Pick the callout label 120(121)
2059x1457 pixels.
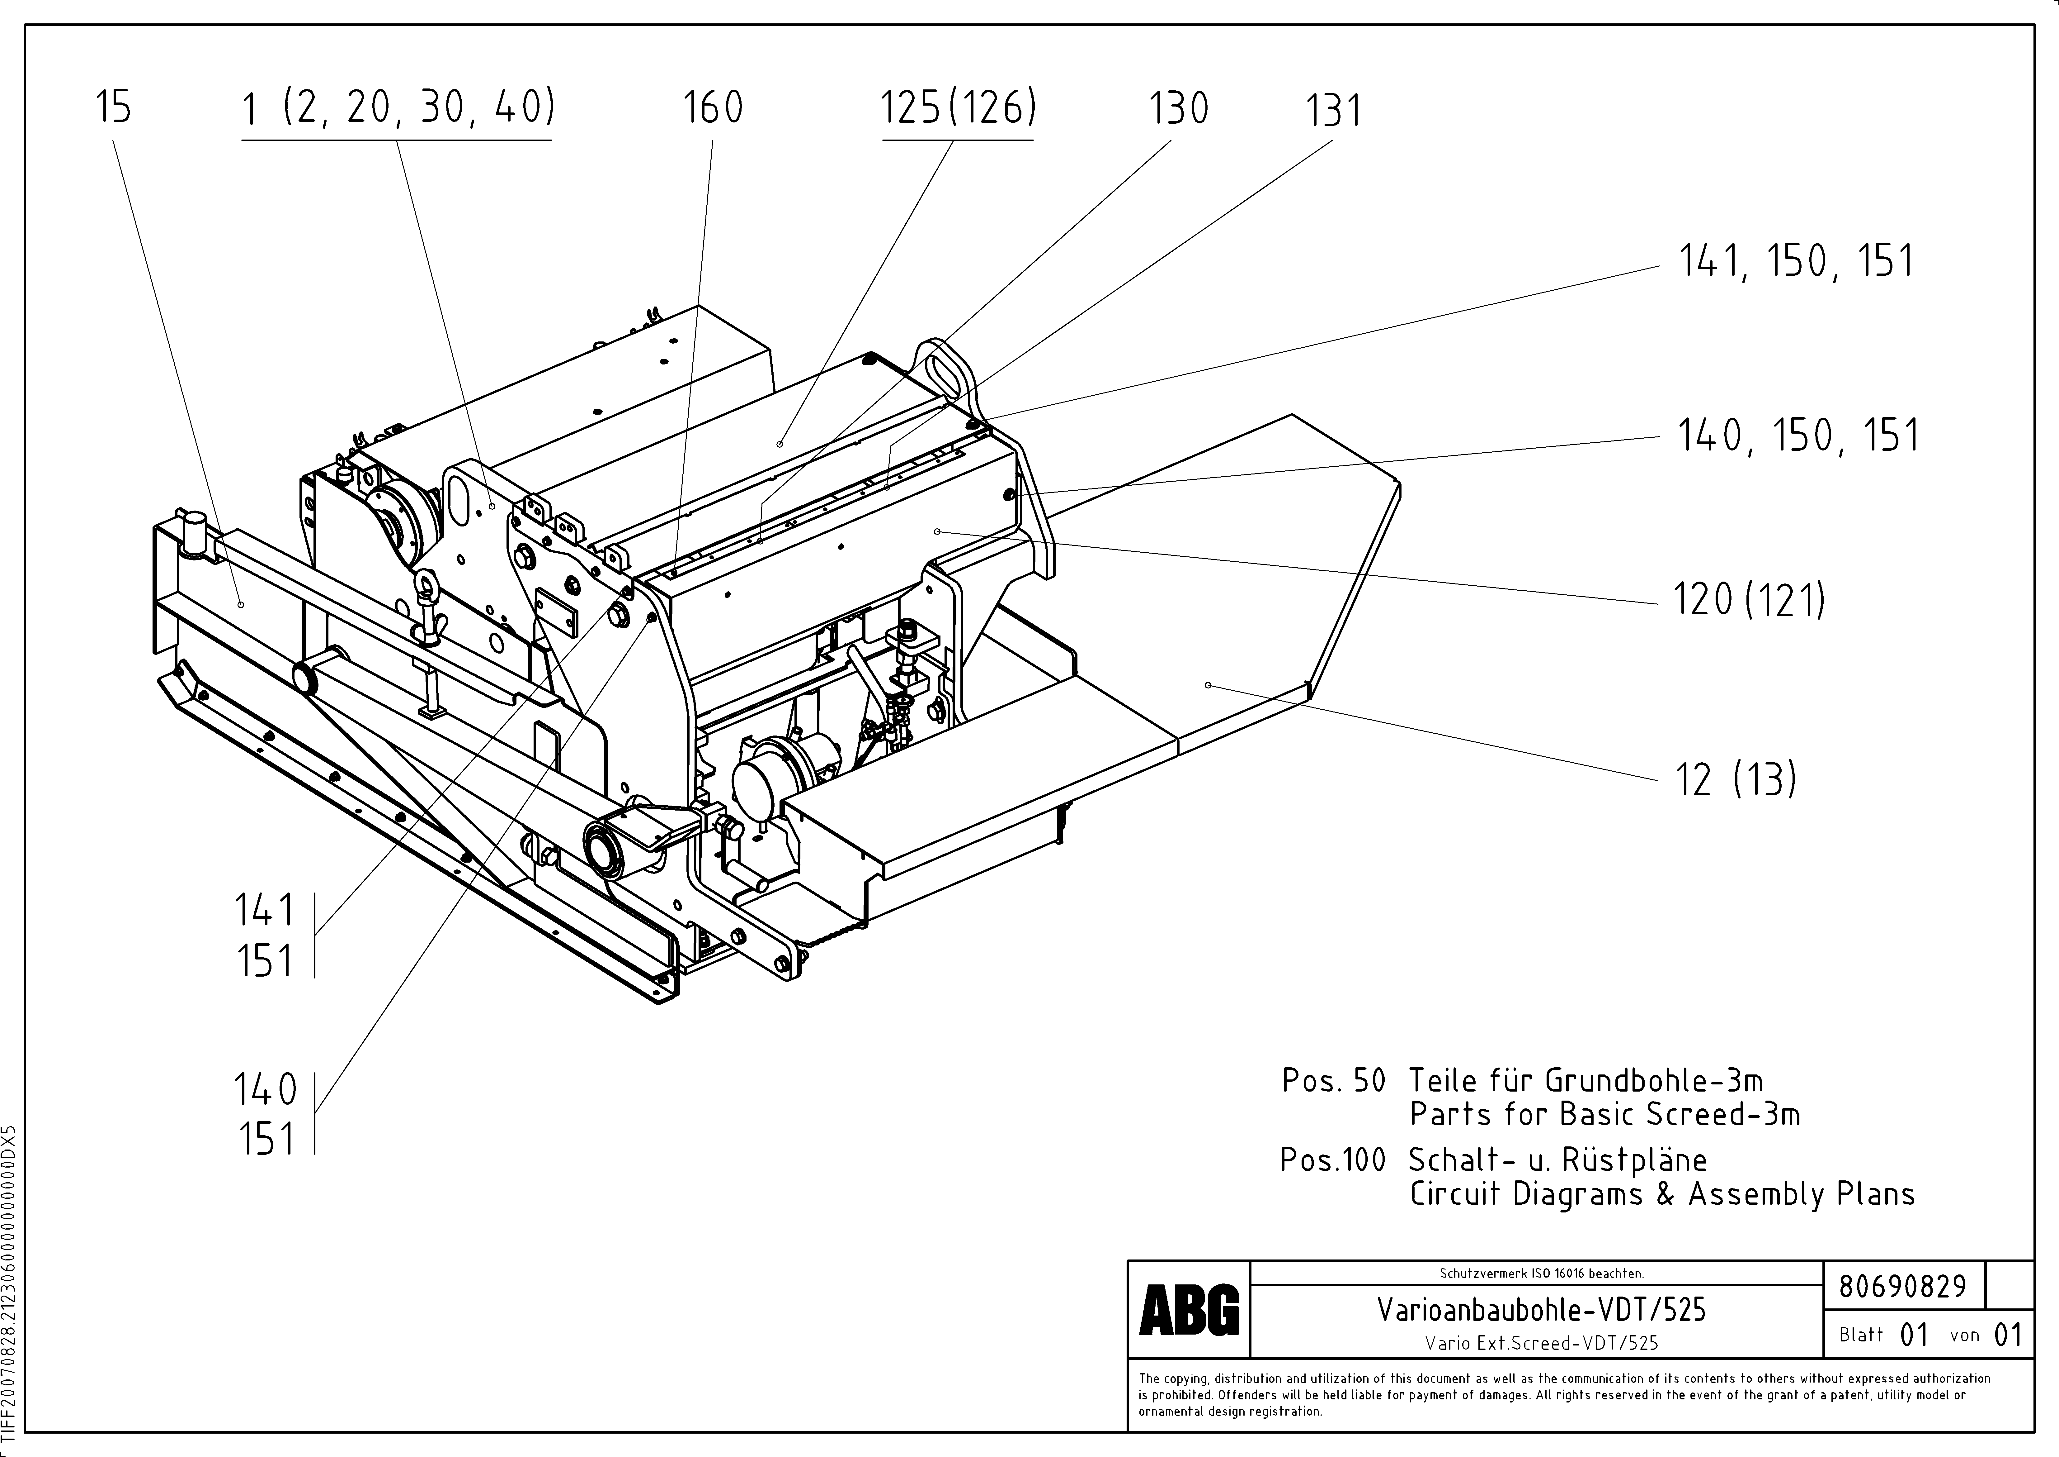click(x=1749, y=599)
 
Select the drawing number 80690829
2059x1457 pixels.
click(x=1902, y=1287)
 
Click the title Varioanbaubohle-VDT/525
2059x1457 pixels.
click(x=1541, y=1310)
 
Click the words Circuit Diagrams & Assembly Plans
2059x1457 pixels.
click(x=1662, y=1194)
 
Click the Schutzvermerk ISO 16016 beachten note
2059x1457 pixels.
click(x=1541, y=1272)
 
